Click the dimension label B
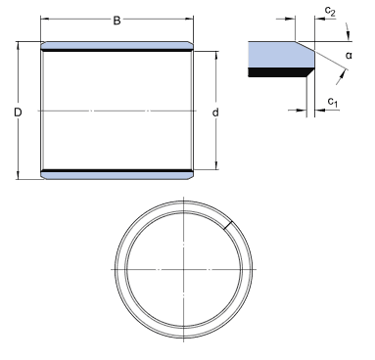(117, 21)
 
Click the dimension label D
(18, 112)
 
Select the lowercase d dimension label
(215, 112)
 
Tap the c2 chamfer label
(330, 12)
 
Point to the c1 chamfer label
(333, 103)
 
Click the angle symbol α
(349, 56)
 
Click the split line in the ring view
(229, 225)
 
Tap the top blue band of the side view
(117, 45)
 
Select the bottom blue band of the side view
(117, 176)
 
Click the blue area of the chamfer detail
(281, 55)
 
